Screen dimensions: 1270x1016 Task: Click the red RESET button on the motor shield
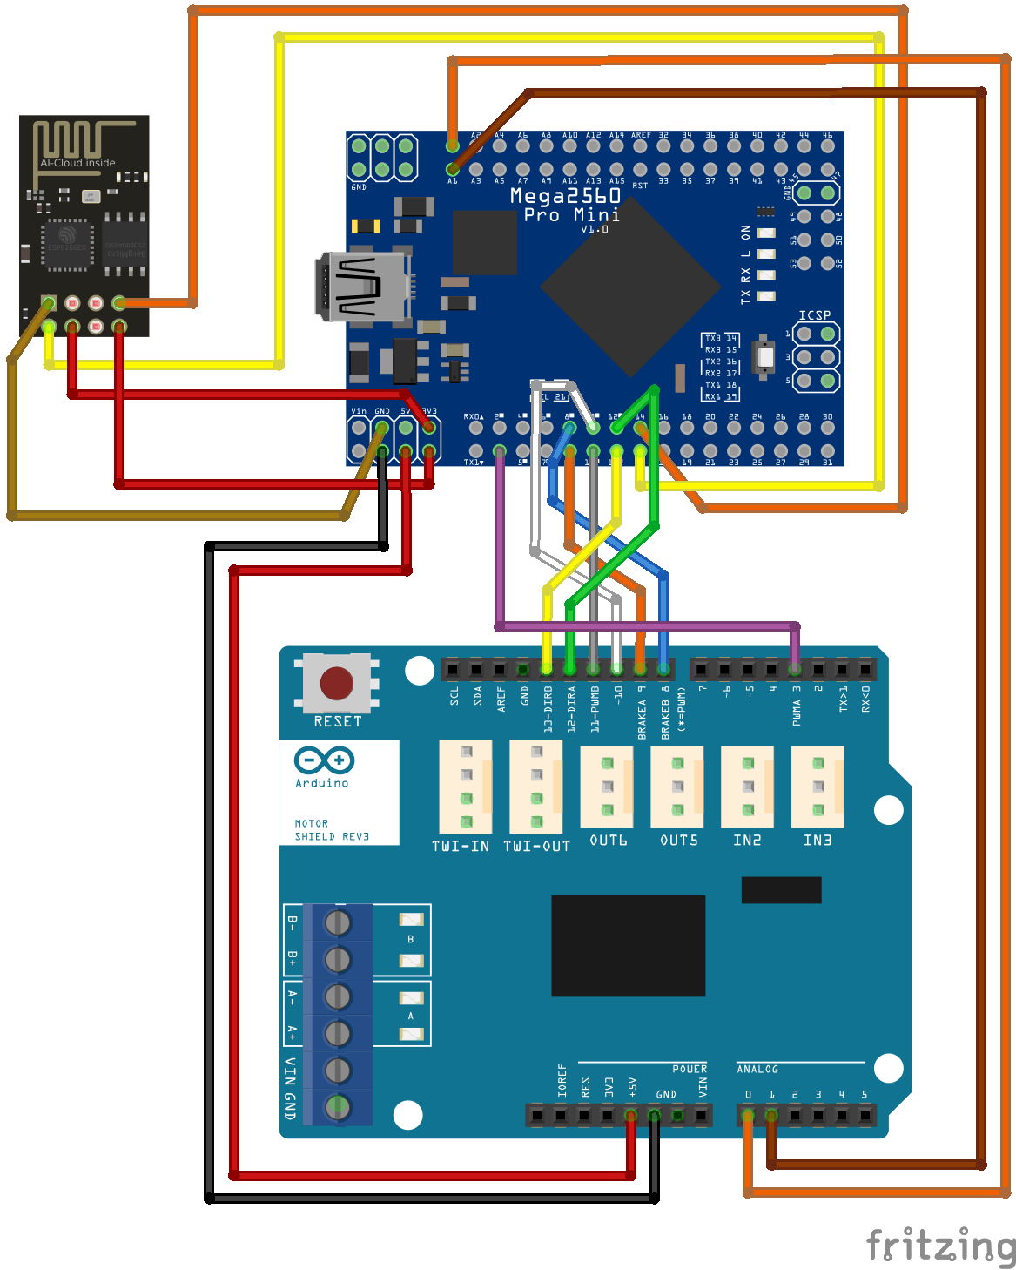pyautogui.click(x=337, y=683)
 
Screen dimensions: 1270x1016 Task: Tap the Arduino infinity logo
pyautogui.click(x=324, y=760)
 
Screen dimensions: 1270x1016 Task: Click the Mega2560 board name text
pyautogui.click(x=565, y=196)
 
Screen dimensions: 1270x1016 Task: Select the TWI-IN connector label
pyautogui.click(x=461, y=846)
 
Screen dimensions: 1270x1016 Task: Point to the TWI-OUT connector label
pyautogui.click(x=536, y=846)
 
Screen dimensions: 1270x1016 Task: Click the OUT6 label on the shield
pyautogui.click(x=608, y=841)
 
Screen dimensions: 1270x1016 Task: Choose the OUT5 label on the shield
pyautogui.click(x=679, y=841)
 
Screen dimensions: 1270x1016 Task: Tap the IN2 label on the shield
pyautogui.click(x=747, y=841)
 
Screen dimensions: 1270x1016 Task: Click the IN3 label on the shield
pyautogui.click(x=818, y=841)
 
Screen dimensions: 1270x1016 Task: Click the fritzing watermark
pyautogui.click(x=939, y=1246)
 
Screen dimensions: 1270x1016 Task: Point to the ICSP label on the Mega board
pyautogui.click(x=815, y=315)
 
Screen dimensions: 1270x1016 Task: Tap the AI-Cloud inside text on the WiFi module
pyautogui.click(x=77, y=163)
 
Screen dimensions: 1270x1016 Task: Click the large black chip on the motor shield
pyautogui.click(x=628, y=945)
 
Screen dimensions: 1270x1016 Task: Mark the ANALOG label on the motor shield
pyautogui.click(x=757, y=1069)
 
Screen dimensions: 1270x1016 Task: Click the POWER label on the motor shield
pyautogui.click(x=690, y=1069)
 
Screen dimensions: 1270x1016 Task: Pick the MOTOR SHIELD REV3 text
pyautogui.click(x=332, y=830)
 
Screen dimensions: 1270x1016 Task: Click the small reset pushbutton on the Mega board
pyautogui.click(x=764, y=356)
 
